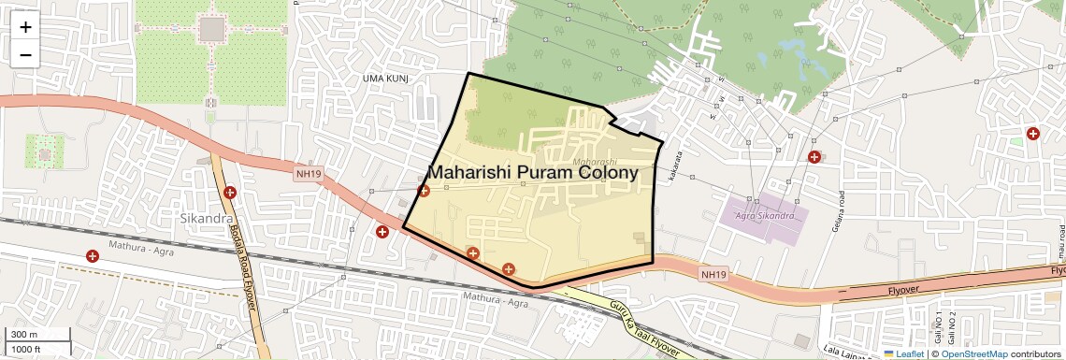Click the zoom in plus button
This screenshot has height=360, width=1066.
tap(25, 27)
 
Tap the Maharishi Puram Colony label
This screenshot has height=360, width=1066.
tap(533, 173)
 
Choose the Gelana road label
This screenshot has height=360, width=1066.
tap(838, 214)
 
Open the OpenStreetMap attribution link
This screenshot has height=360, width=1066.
tap(973, 353)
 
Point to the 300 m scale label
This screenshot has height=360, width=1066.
tap(24, 335)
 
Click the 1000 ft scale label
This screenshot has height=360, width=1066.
tap(26, 349)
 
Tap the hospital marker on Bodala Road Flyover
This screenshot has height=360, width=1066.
tap(231, 193)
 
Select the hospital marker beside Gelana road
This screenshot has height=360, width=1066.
tap(814, 157)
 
